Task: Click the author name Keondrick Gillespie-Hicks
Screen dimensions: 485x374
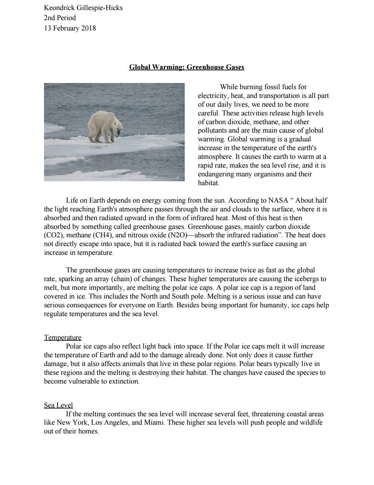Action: click(x=83, y=8)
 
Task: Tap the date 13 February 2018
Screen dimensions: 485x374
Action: click(x=70, y=28)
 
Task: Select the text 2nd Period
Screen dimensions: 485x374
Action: click(x=60, y=18)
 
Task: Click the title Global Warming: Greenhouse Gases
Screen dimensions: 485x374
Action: click(x=187, y=67)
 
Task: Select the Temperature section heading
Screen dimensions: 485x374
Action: click(x=62, y=337)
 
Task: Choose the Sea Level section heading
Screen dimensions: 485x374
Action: click(x=58, y=405)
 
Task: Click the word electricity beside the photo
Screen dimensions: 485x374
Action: click(x=213, y=96)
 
